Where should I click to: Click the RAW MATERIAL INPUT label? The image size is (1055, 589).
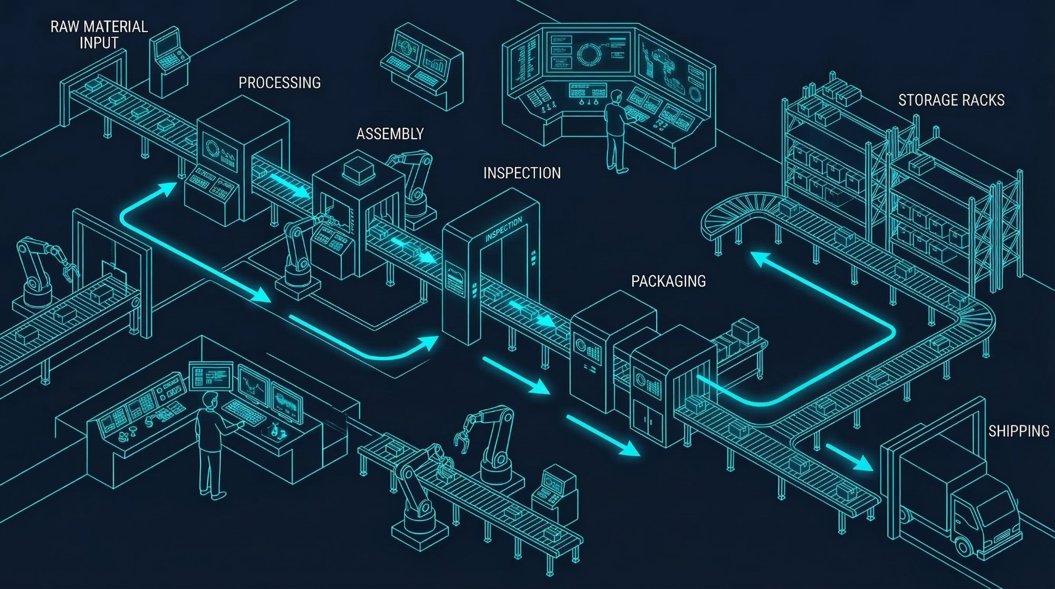click(99, 34)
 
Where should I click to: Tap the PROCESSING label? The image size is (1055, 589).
click(280, 83)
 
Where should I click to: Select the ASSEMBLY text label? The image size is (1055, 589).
click(390, 134)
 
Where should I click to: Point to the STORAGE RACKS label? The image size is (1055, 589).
click(951, 100)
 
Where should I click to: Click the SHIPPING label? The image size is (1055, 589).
click(1019, 431)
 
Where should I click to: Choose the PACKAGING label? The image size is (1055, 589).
click(668, 281)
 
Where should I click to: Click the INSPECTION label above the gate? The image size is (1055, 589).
click(522, 173)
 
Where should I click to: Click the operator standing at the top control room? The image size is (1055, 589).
click(615, 132)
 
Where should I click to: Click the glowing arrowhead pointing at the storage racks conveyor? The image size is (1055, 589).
click(757, 259)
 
